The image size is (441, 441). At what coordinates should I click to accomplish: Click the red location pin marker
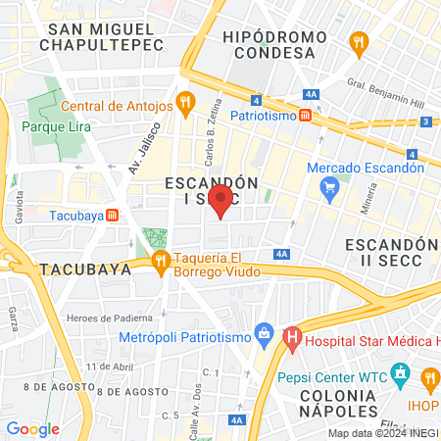(222, 201)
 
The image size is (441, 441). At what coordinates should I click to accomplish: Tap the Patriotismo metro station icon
(306, 116)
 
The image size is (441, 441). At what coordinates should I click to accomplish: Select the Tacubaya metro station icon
(113, 216)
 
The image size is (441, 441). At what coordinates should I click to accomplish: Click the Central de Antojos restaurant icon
(185, 100)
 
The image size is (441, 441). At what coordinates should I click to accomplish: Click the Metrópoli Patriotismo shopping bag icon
(262, 333)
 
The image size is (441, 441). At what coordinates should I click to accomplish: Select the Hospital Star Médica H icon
(291, 340)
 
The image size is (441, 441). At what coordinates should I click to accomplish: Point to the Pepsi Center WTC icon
(399, 373)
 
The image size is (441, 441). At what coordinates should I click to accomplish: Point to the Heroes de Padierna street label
(110, 318)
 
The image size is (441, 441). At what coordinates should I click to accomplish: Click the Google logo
(32, 428)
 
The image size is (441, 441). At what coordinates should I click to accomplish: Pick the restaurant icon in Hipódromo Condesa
(358, 42)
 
